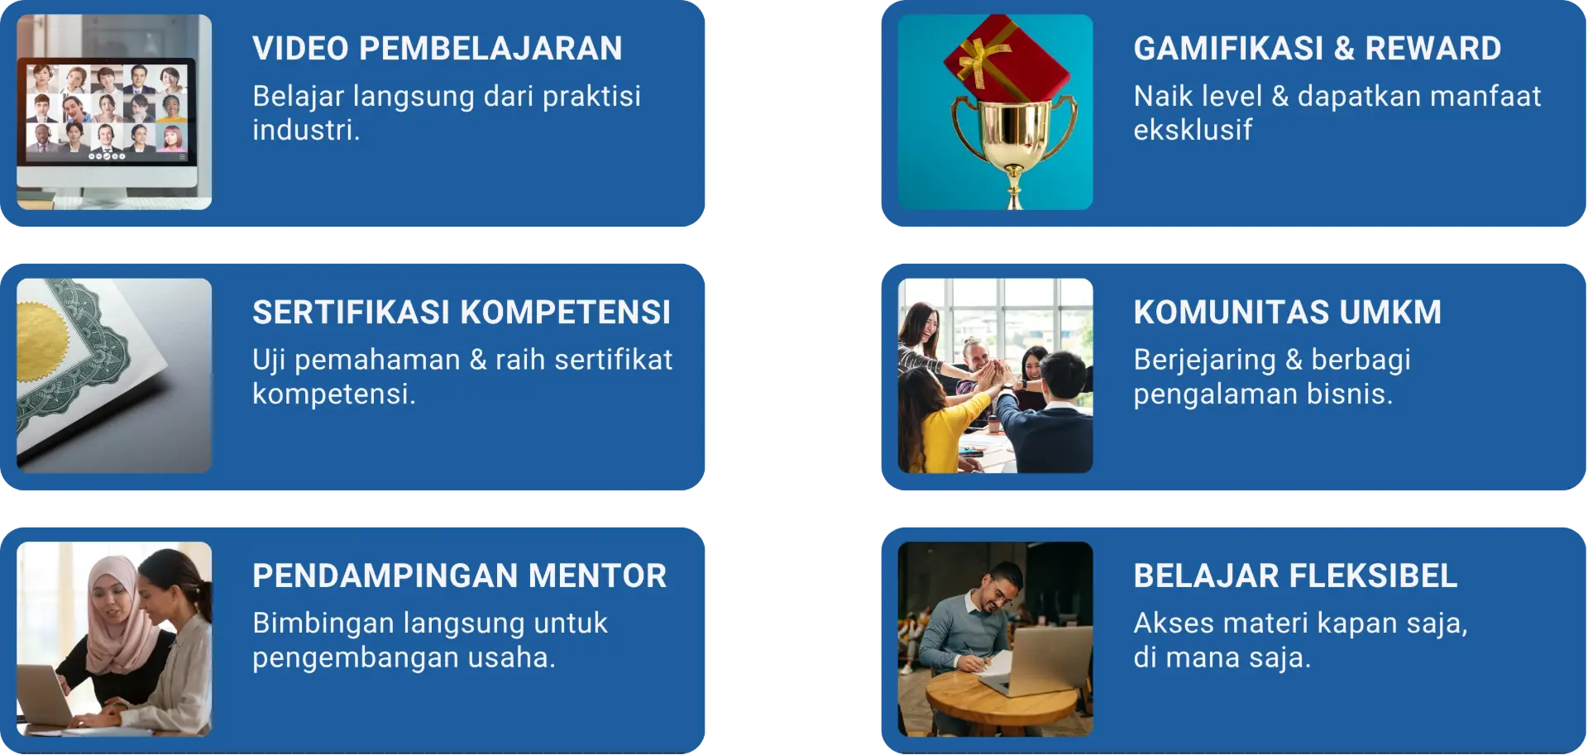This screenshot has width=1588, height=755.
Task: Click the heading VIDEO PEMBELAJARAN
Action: click(437, 49)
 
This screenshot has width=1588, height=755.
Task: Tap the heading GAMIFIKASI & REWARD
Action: click(1317, 49)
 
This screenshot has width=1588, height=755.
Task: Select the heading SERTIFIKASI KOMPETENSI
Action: click(462, 313)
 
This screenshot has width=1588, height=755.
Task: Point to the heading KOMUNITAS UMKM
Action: click(1287, 313)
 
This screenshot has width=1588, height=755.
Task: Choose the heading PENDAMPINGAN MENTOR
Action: click(459, 576)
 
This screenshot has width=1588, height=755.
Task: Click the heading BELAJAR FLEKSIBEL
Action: click(1295, 576)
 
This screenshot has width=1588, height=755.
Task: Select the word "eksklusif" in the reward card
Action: click(1193, 131)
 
